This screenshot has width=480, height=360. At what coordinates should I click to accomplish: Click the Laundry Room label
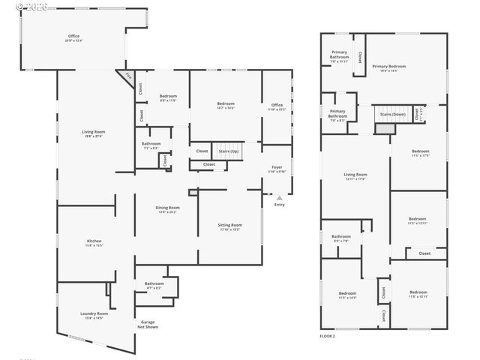tap(94, 315)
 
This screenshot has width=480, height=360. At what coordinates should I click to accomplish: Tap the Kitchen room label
tap(94, 242)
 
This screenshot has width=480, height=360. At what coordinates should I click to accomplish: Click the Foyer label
tap(277, 168)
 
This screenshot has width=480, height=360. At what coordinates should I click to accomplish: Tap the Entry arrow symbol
tap(280, 197)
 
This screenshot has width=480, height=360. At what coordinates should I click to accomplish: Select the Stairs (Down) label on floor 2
tap(393, 115)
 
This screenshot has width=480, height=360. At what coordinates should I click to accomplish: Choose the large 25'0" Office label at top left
tap(73, 37)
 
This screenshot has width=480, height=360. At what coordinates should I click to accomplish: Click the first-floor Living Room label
tap(94, 133)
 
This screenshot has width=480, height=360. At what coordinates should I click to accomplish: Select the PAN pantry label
tap(127, 76)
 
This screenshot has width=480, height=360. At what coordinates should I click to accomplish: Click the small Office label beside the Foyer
tap(277, 106)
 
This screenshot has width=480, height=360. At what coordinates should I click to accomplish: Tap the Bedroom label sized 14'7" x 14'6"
tap(226, 105)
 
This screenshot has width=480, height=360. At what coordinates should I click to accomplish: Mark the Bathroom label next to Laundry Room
tap(154, 284)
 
